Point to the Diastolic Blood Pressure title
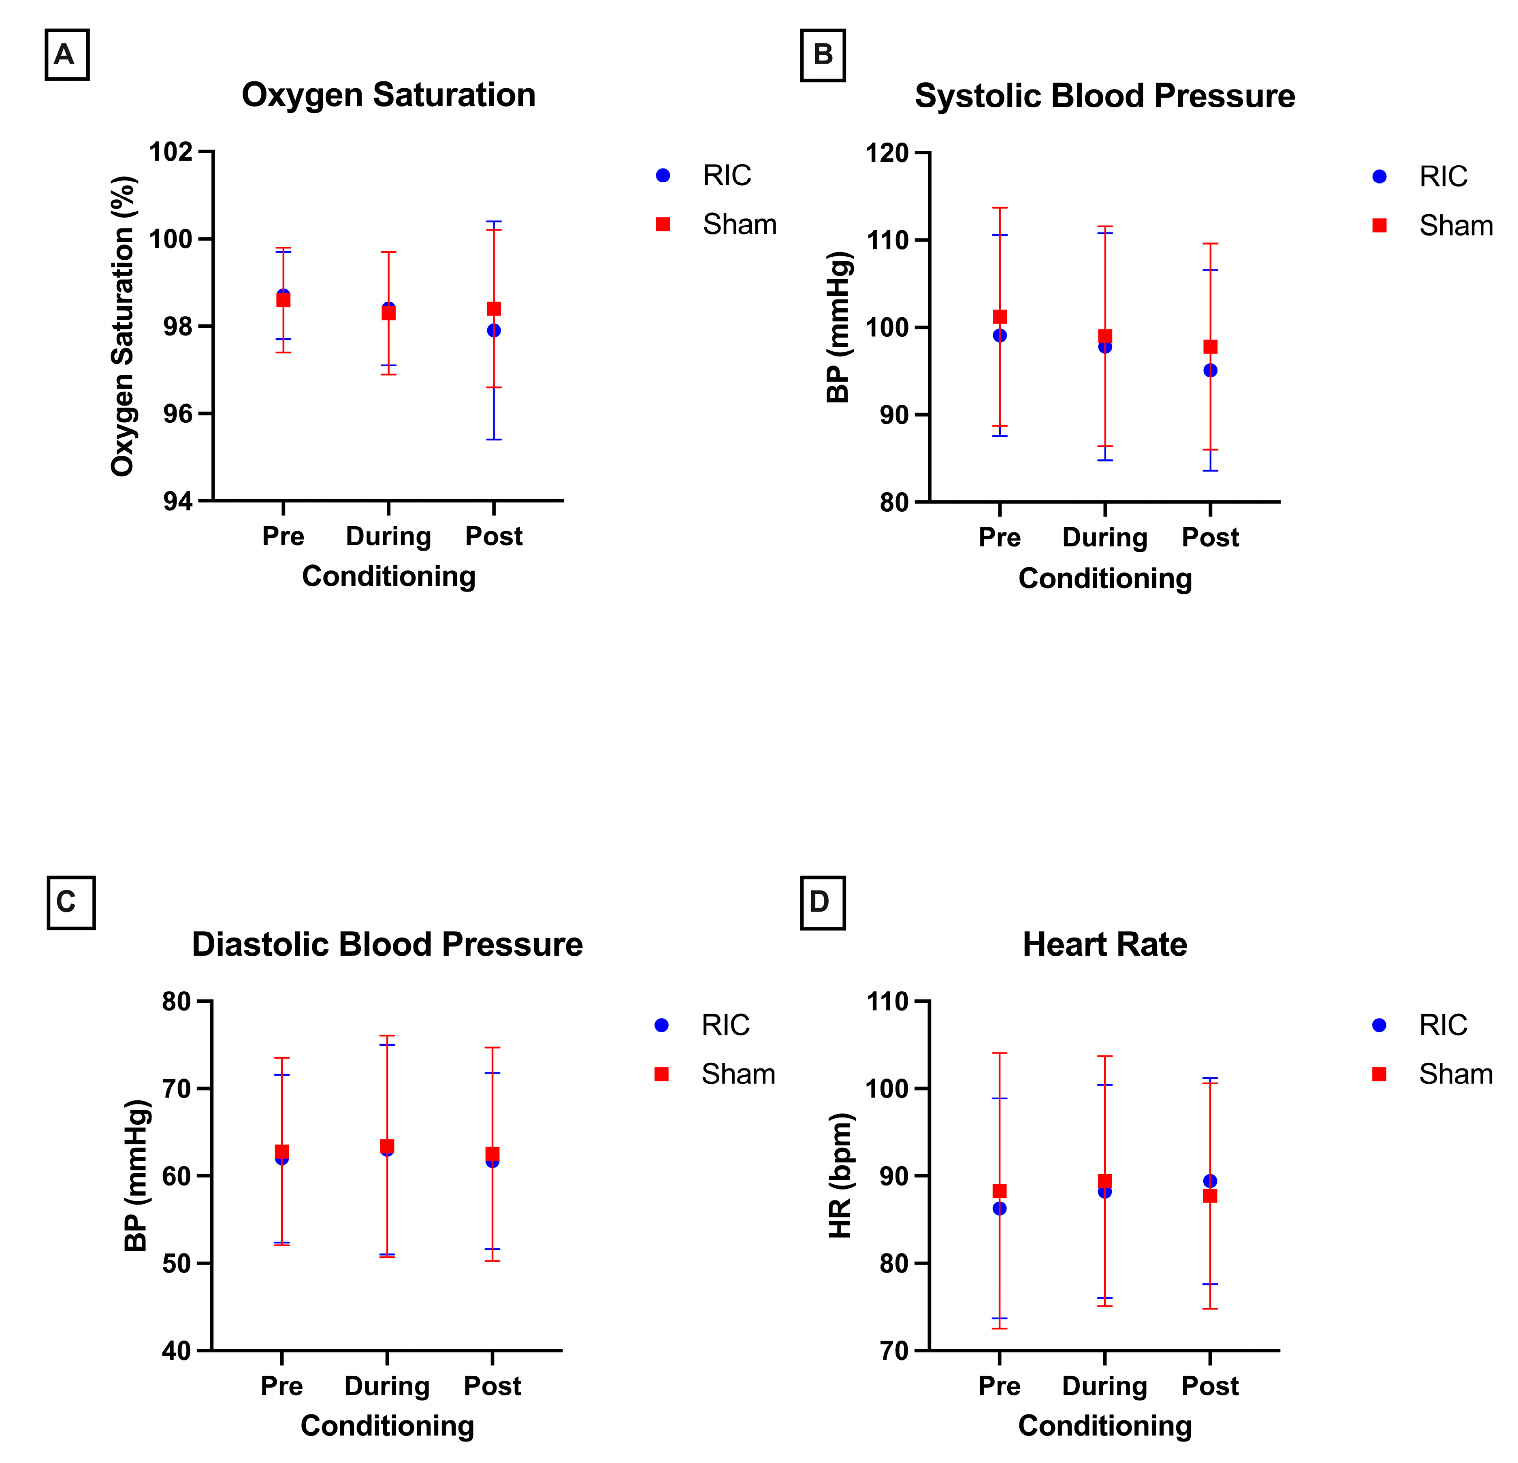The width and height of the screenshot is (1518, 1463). (387, 944)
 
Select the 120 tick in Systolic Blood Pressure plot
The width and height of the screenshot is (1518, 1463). (887, 153)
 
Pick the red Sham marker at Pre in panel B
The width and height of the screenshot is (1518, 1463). (1000, 316)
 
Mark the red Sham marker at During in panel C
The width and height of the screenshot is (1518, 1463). (387, 1145)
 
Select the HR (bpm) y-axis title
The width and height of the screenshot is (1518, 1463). (840, 1175)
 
